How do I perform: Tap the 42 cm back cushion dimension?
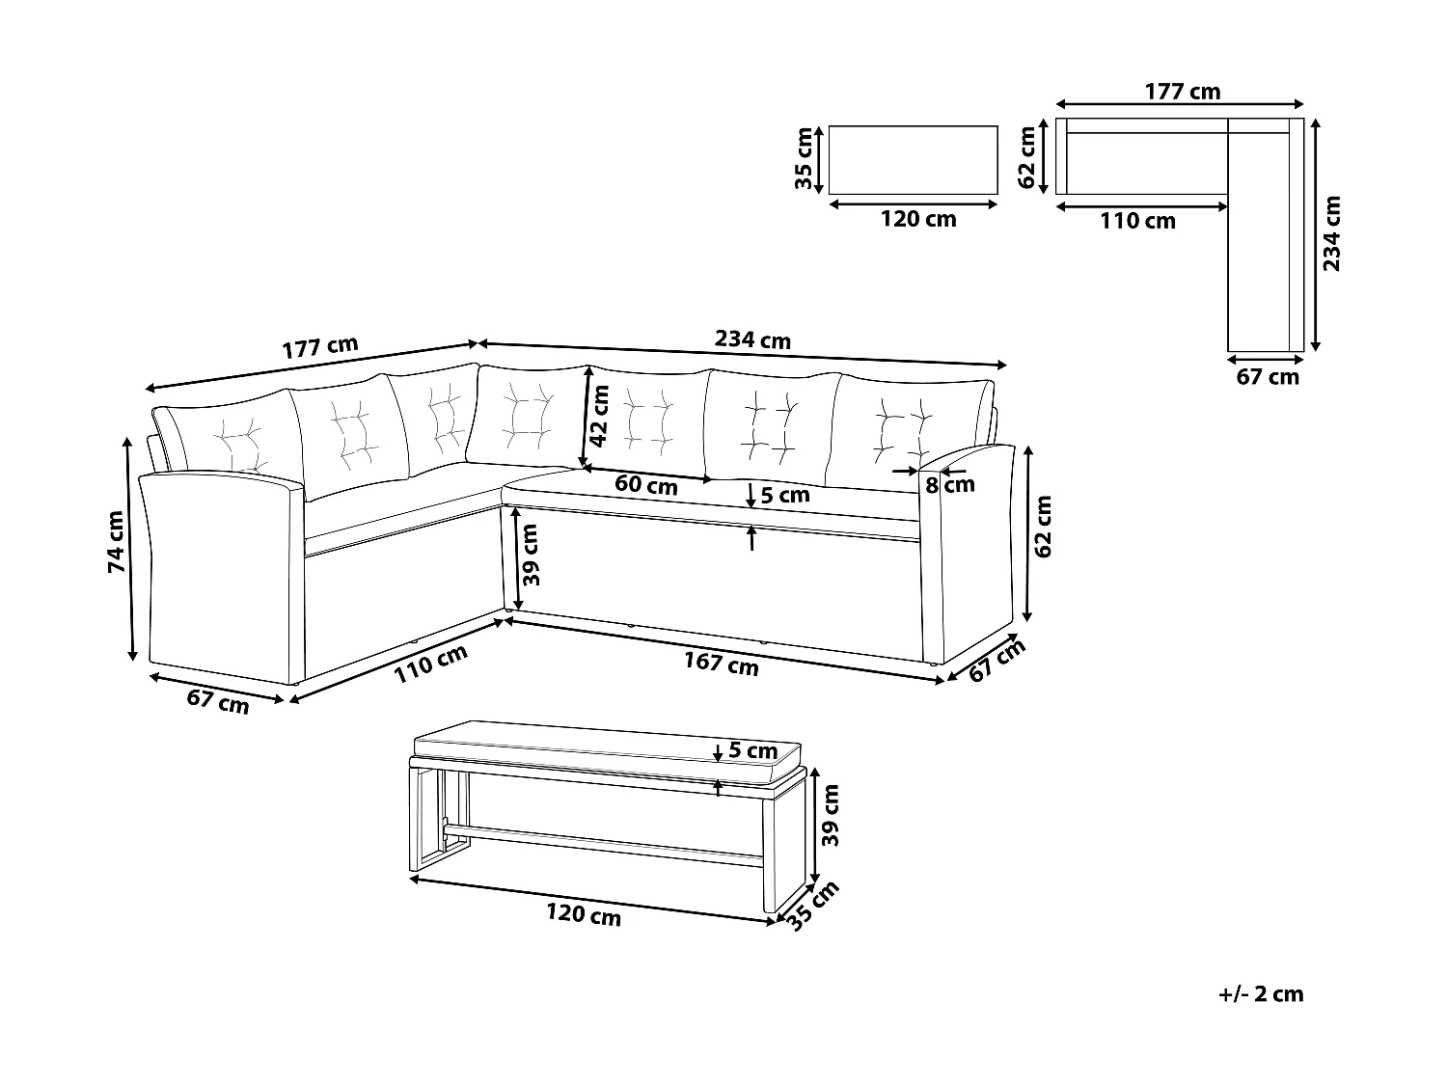(x=600, y=416)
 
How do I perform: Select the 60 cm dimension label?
(x=646, y=485)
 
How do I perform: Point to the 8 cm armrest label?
(x=951, y=483)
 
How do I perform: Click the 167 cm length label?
(x=721, y=664)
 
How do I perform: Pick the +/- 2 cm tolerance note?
(x=1261, y=994)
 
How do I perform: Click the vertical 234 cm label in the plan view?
(x=1332, y=234)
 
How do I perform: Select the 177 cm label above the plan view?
(x=1183, y=92)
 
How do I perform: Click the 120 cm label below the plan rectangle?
(x=918, y=219)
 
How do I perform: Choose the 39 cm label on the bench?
(x=831, y=815)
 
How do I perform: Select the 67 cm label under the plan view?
(x=1268, y=377)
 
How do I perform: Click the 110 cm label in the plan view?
(x=1138, y=221)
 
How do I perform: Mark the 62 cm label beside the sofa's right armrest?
(x=1043, y=527)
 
